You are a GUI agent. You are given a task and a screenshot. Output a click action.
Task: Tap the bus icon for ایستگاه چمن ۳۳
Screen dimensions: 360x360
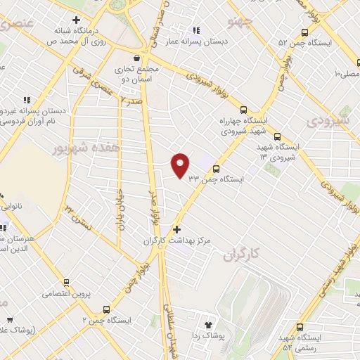pyautogui.click(x=216, y=169)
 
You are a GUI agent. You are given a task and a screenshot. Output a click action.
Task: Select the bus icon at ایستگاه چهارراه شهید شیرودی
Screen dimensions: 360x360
pyautogui.click(x=243, y=110)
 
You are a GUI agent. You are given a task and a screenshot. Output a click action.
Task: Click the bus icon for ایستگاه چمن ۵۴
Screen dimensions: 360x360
pyautogui.click(x=304, y=32)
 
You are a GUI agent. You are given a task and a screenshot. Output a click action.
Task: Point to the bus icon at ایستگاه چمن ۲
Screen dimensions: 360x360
pyautogui.click(x=106, y=309)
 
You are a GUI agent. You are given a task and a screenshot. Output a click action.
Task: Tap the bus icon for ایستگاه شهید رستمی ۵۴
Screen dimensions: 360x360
pyautogui.click(x=301, y=327)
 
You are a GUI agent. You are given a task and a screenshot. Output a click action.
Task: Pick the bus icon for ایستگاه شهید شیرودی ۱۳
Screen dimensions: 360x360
pyautogui.click(x=277, y=137)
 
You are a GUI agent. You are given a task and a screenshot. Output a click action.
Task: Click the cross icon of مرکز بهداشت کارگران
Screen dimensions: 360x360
pyautogui.click(x=176, y=229)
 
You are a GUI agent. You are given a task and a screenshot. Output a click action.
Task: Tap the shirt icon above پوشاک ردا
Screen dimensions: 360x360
pyautogui.click(x=208, y=324)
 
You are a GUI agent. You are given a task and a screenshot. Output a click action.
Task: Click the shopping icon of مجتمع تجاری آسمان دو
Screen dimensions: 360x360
pyautogui.click(x=138, y=59)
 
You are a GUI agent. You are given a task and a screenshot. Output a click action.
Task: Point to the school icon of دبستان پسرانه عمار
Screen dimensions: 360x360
pyautogui.click(x=196, y=30)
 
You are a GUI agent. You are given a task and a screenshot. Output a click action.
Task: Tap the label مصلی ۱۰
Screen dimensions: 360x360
pyautogui.click(x=345, y=73)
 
